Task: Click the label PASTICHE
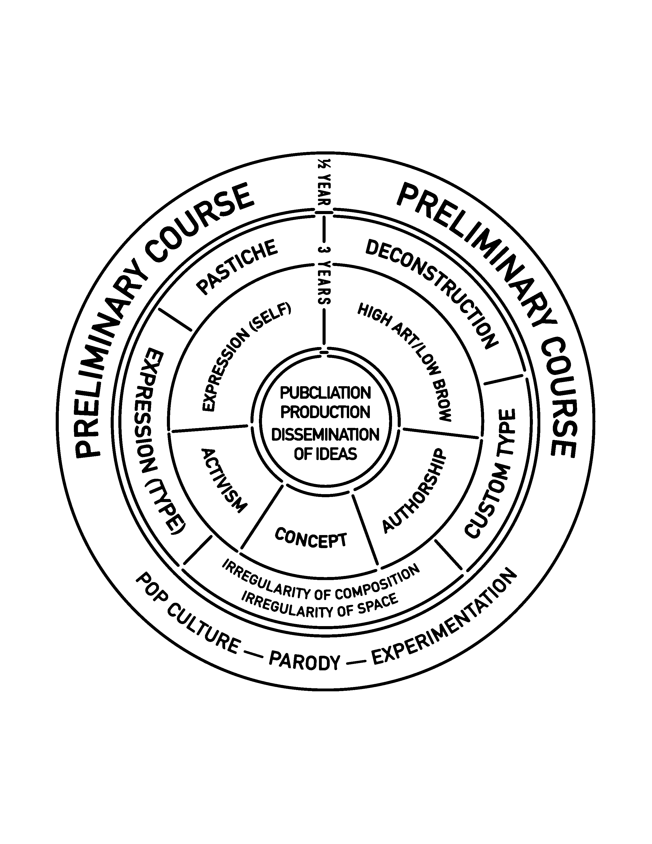237,267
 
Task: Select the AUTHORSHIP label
414,491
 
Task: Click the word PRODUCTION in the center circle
325,412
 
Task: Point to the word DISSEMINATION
325,435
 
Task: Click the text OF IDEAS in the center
325,454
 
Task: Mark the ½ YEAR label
324,184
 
